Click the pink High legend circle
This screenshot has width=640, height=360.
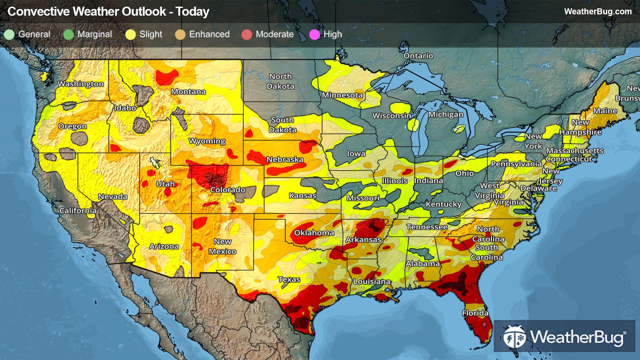314,34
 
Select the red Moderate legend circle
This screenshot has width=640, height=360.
247,34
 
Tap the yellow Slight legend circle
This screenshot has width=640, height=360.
130,34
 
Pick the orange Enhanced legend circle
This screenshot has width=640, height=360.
180,34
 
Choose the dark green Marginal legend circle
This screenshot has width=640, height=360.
68,34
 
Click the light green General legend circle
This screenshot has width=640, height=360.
9,34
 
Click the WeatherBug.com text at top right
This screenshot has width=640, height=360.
598,11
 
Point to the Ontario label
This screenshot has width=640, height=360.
418,56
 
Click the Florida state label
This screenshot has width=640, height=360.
475,313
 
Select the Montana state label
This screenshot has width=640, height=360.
188,92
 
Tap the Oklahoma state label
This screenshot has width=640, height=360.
314,233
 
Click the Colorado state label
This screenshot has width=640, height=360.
228,190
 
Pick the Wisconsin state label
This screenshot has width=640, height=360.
392,116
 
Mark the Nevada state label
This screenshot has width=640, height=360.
113,197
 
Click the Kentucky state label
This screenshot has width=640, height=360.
443,204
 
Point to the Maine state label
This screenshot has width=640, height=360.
605,111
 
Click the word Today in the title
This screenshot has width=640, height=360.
192,11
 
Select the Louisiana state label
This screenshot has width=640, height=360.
372,282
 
